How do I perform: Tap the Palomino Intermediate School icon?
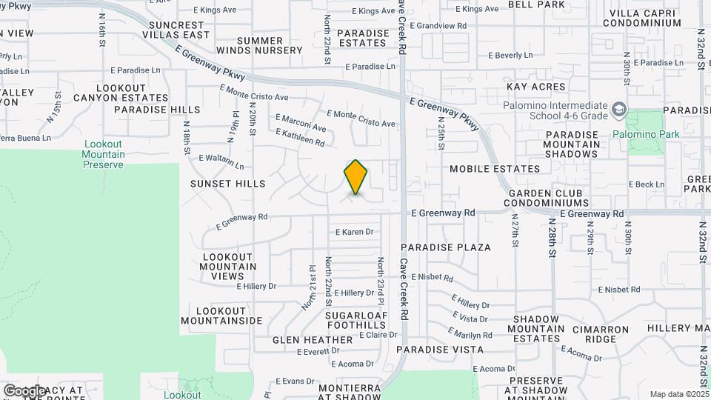[x=618, y=111]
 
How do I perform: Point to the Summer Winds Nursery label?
[x=259, y=45]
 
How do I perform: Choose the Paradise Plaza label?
[x=446, y=247]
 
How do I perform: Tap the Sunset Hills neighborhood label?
[x=227, y=183]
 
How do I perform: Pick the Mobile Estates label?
[x=495, y=169]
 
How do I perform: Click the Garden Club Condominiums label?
[x=547, y=198]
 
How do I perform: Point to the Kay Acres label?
[x=536, y=87]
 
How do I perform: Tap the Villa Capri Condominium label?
[x=641, y=18]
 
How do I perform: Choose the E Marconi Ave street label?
[x=300, y=122]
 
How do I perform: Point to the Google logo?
[x=24, y=390]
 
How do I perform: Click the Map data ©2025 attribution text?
[x=678, y=394]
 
